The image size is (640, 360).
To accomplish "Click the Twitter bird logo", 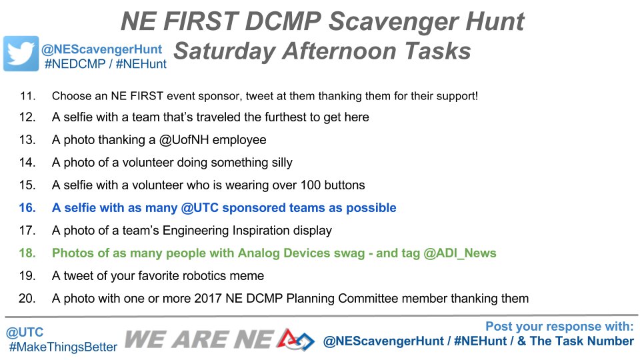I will click(21, 53).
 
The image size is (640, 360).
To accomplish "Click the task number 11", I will click(27, 95).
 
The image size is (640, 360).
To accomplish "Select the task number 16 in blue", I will click(27, 208).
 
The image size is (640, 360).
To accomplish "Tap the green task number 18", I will click(27, 253).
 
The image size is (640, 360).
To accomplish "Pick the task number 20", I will click(27, 299).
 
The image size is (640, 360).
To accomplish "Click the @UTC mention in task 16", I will click(197, 208).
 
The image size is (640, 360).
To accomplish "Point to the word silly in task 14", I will click(276, 163).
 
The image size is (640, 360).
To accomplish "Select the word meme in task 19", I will click(248, 276).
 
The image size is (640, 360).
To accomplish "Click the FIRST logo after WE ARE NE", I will click(296, 339).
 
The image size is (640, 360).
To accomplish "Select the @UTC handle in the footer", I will click(24, 332).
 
